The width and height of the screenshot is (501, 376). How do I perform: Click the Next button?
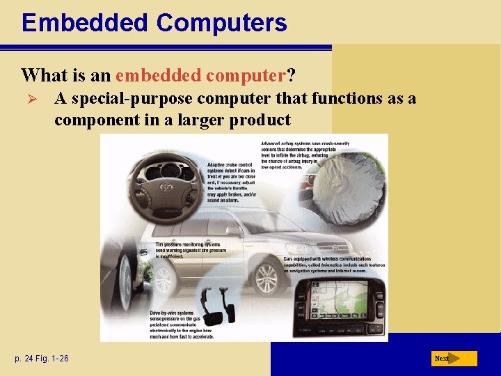coord(453,359)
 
